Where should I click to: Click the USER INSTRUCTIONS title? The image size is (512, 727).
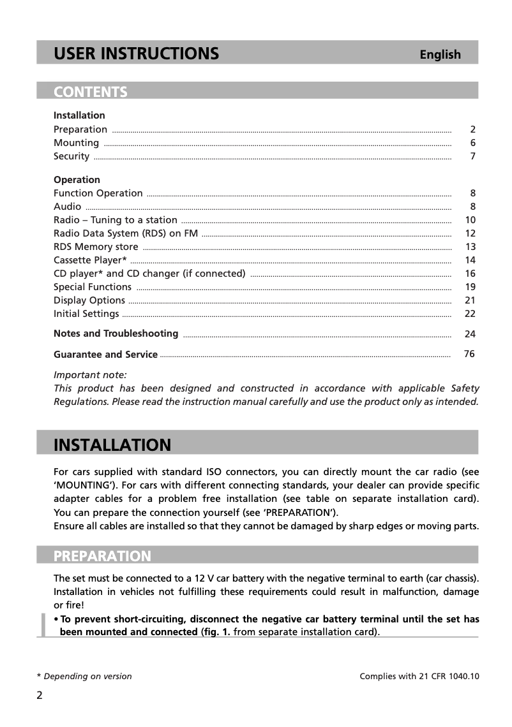[136, 54]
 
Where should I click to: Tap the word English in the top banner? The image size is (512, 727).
[440, 55]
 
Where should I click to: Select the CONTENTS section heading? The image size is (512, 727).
[91, 92]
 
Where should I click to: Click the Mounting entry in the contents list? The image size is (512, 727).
[76, 143]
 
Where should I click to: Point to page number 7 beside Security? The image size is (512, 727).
[472, 156]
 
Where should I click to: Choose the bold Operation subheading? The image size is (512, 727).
[77, 180]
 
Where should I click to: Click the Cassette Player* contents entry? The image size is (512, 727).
[90, 260]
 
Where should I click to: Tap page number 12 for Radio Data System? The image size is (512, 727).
[471, 233]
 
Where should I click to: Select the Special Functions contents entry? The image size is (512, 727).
[93, 287]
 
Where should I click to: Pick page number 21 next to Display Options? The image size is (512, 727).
[471, 300]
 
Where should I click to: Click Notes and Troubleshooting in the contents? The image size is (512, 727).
[116, 334]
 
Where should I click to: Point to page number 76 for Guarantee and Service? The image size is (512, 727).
[469, 354]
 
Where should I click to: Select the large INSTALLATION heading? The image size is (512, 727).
[112, 445]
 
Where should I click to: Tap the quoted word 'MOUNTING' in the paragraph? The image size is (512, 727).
[78, 485]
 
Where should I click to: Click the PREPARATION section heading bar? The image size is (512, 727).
[102, 556]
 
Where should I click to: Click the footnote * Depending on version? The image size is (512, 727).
[84, 677]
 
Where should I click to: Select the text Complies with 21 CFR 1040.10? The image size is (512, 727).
[419, 677]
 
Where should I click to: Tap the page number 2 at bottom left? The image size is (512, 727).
[40, 695]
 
